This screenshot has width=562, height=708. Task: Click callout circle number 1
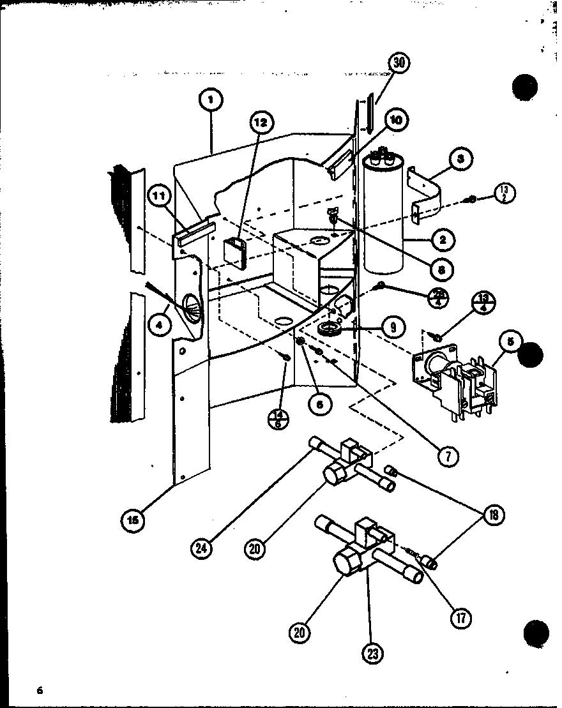[211, 100]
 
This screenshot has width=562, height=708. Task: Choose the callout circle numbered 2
[443, 240]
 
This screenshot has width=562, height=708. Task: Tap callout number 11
[160, 197]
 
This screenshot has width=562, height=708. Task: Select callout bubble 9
[392, 328]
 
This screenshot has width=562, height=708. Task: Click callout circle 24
[202, 546]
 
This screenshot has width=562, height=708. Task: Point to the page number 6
[40, 689]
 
